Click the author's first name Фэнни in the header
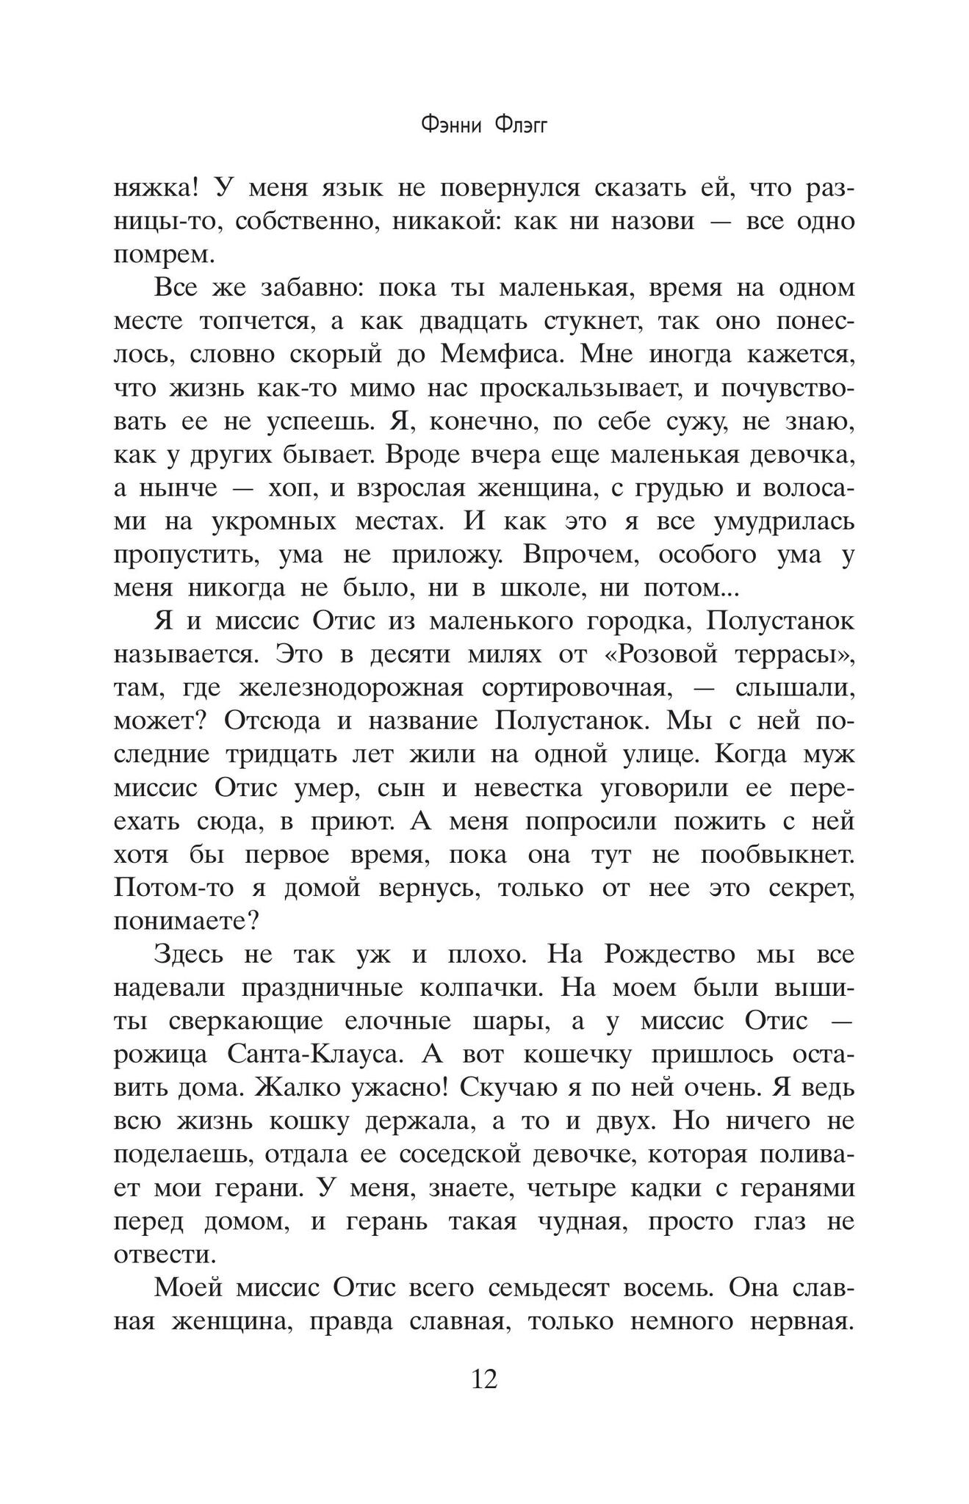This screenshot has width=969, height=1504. (x=451, y=126)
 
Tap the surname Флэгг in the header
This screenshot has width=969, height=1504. (x=522, y=126)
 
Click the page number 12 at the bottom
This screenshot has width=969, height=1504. (x=484, y=1378)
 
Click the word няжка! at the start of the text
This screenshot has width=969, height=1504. (x=156, y=188)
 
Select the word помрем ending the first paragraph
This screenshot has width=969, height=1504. (x=163, y=255)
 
